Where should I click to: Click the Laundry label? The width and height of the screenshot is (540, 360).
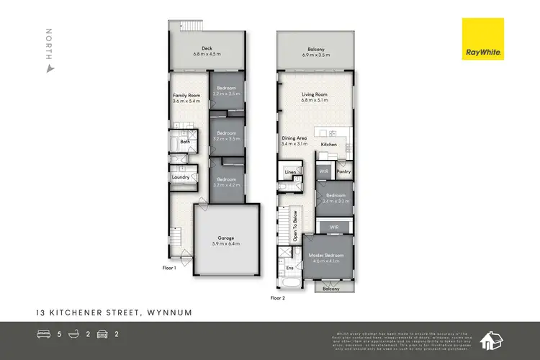click(x=180, y=176)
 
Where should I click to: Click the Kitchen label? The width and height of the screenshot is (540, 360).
click(x=329, y=145)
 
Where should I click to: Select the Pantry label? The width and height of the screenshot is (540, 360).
click(x=343, y=172)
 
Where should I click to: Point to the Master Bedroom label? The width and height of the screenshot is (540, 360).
click(x=327, y=256)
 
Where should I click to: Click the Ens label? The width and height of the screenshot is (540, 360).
click(x=290, y=268)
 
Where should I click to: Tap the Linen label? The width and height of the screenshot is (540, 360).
click(x=290, y=173)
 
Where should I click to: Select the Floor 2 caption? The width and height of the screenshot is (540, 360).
click(x=278, y=297)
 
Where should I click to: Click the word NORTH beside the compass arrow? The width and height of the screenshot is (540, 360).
click(x=49, y=44)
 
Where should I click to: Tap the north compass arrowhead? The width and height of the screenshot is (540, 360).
click(x=49, y=69)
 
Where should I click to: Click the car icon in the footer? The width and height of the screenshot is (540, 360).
click(x=103, y=334)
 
